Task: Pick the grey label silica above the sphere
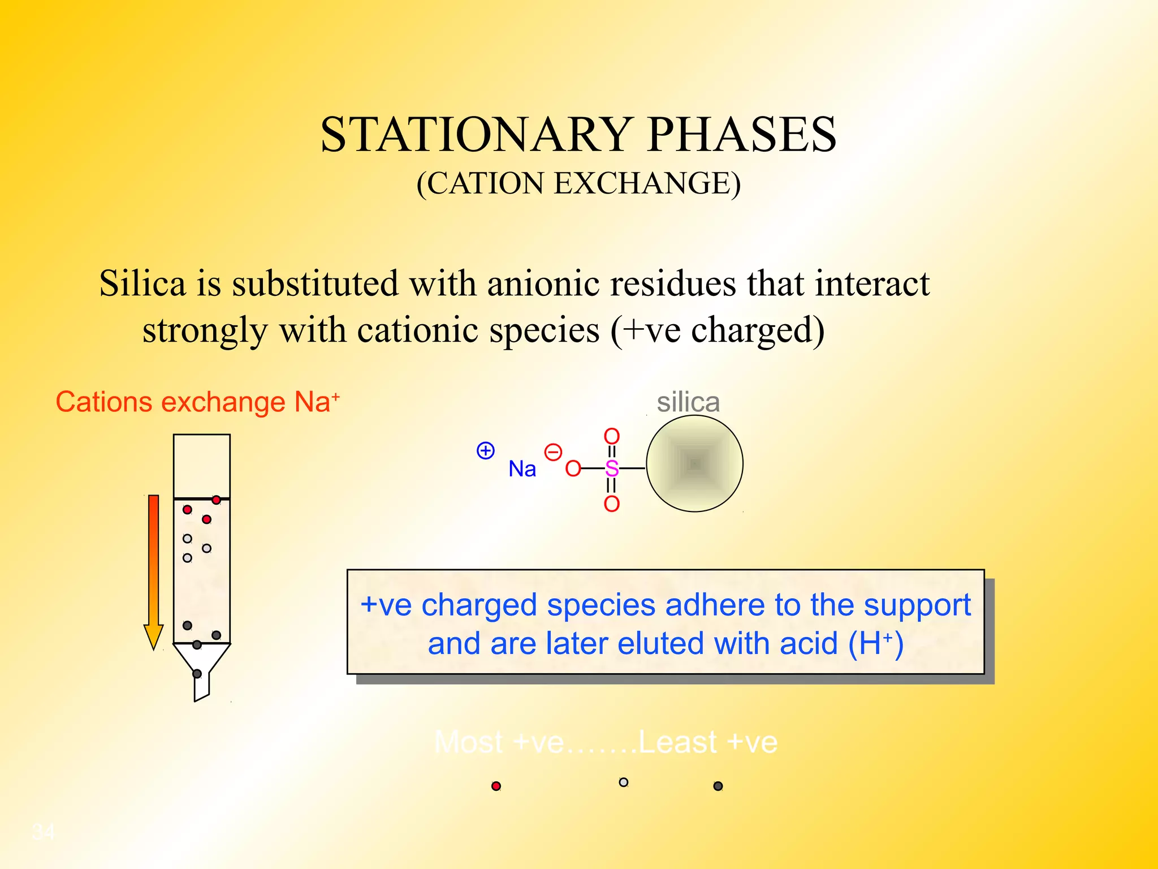click(x=688, y=402)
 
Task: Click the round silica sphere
click(x=694, y=464)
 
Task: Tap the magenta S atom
click(x=612, y=468)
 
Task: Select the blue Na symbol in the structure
click(x=522, y=469)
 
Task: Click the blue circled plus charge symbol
click(x=486, y=451)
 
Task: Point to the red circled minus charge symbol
click(x=552, y=453)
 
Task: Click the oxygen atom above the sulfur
click(x=612, y=436)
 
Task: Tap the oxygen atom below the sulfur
click(x=612, y=504)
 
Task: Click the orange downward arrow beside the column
click(x=153, y=571)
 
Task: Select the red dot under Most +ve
click(x=496, y=786)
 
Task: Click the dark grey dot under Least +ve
click(x=718, y=786)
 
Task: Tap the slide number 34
click(x=44, y=832)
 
